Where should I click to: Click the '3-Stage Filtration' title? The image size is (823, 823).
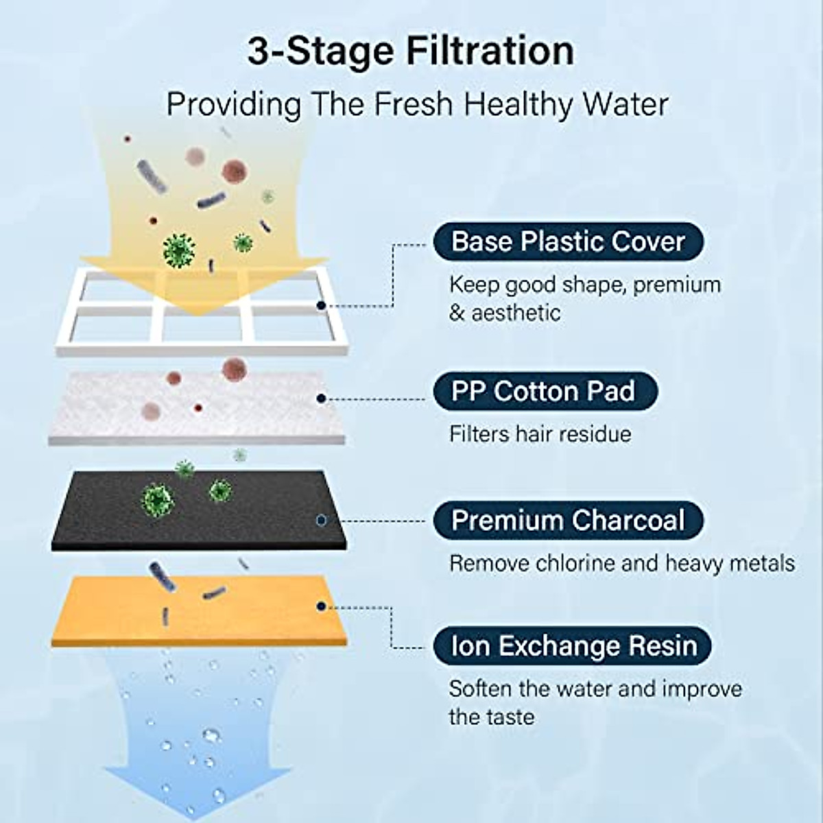click(x=410, y=51)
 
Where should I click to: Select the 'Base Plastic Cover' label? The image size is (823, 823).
click(x=568, y=241)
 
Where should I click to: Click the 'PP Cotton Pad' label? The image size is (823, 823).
click(x=545, y=391)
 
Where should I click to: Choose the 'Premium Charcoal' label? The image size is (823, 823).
click(x=568, y=520)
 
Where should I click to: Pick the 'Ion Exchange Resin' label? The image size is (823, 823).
click(x=573, y=645)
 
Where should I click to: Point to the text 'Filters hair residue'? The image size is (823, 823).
click(x=540, y=434)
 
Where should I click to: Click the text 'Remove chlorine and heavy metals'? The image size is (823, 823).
click(x=621, y=563)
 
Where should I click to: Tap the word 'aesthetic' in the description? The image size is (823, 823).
click(x=515, y=313)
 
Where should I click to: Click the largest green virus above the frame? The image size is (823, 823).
click(x=179, y=250)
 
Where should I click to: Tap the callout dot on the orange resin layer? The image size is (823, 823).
click(x=321, y=606)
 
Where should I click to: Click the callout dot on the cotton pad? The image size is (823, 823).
click(x=321, y=398)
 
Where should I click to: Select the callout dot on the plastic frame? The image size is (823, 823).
click(x=320, y=305)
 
